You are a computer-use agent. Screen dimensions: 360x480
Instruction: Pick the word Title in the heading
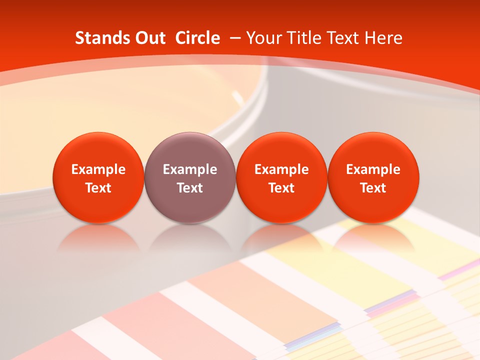(303, 38)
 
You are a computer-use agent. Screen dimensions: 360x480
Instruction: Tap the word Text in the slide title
(344, 38)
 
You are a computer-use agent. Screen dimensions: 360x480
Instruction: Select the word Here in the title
(383, 38)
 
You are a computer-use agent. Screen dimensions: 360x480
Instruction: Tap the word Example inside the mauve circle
(190, 169)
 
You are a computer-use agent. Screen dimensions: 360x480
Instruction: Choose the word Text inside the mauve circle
(190, 188)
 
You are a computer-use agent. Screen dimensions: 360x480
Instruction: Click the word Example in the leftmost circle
(98, 169)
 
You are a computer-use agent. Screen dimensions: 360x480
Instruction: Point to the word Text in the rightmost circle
(373, 188)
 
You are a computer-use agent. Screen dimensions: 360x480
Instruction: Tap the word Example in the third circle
(281, 169)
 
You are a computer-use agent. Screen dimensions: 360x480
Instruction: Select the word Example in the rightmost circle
(373, 169)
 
